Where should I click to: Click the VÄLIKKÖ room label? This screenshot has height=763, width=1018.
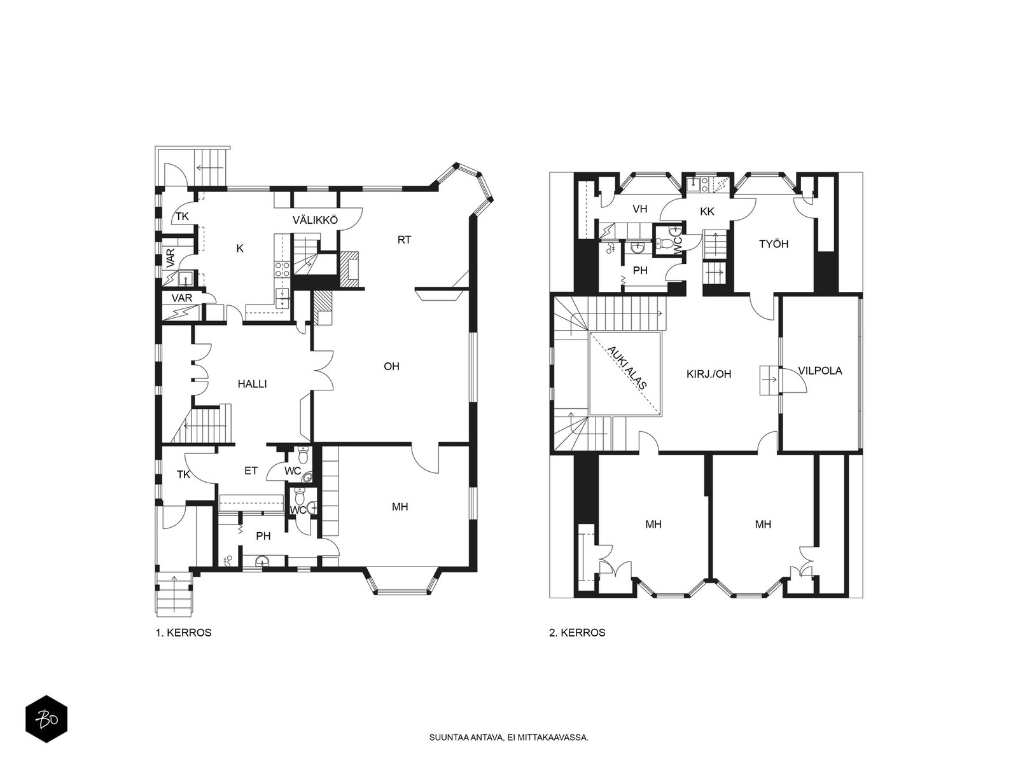(315, 220)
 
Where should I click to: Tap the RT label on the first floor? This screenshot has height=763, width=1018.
(404, 240)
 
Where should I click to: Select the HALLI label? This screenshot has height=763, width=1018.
(252, 384)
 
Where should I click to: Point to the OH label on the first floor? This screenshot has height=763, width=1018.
(391, 366)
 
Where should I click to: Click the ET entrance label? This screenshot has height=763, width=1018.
(251, 471)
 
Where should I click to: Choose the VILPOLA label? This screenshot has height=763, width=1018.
(820, 371)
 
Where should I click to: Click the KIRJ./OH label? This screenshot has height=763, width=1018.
(709, 374)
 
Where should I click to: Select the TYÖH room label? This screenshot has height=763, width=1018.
(774, 244)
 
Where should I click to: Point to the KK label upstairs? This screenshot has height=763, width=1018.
(708, 212)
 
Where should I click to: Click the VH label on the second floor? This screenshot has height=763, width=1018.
(639, 209)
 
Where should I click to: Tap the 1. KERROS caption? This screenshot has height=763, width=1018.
(184, 633)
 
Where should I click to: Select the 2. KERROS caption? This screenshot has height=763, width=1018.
(578, 633)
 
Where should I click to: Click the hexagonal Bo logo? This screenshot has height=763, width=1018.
(46, 718)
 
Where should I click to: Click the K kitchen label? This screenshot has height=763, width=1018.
(240, 249)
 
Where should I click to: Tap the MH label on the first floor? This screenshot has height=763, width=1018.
(400, 507)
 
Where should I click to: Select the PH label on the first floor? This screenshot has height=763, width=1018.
(263, 536)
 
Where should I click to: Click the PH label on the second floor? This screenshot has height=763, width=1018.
(640, 271)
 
